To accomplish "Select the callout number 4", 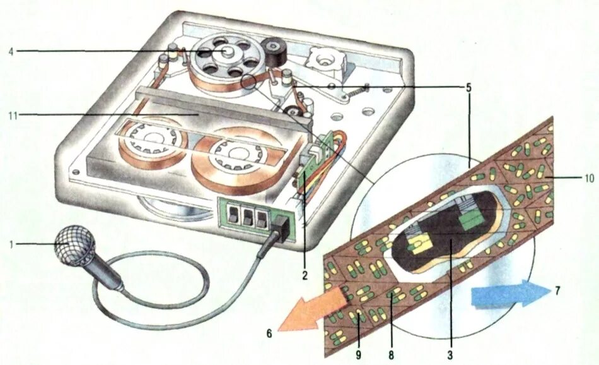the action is [11, 51].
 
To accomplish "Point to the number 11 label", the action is [12, 114].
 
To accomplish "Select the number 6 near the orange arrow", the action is [269, 332].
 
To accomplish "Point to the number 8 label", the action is [391, 355].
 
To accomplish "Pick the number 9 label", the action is [358, 355].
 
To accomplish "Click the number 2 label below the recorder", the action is [304, 275].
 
